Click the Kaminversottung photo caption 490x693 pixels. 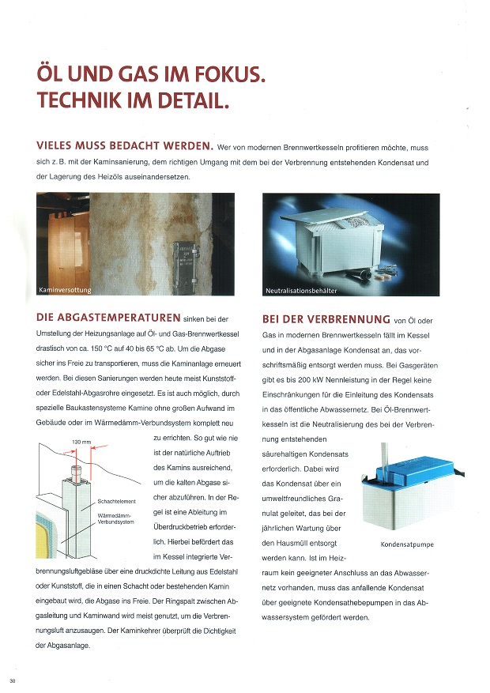pyautogui.click(x=66, y=291)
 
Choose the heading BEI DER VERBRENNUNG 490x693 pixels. pyautogui.click(x=326, y=319)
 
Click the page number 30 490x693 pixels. pyautogui.click(x=12, y=680)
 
